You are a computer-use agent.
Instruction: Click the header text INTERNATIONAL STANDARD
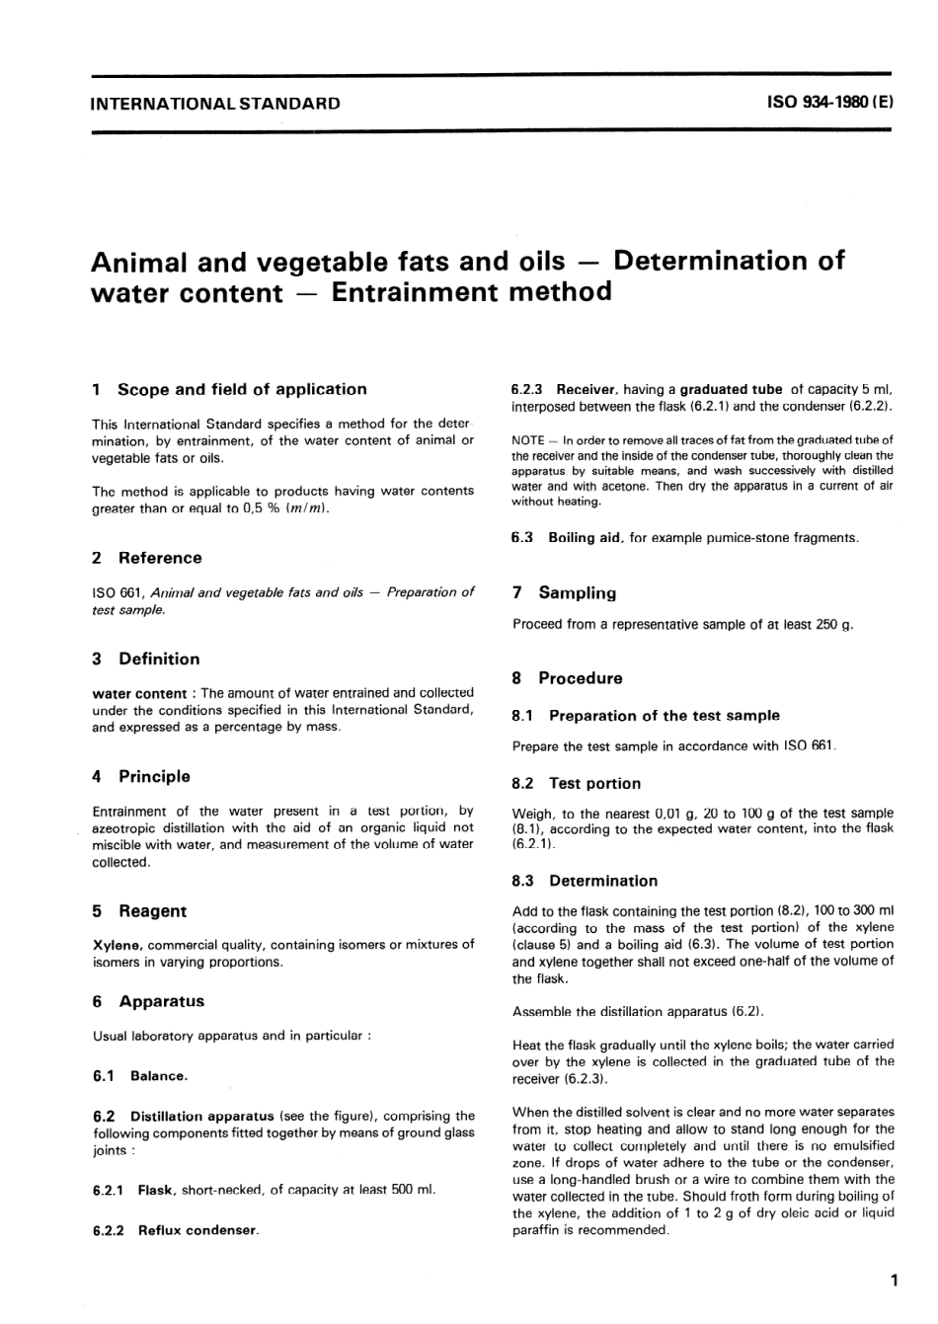coord(214,103)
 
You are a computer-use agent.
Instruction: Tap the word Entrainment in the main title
coord(415,292)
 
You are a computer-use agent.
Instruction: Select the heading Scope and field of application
coord(241,389)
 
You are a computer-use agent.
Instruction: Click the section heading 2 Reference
coord(147,558)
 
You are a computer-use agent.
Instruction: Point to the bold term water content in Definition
coord(138,693)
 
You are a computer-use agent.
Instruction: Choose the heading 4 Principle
coord(141,776)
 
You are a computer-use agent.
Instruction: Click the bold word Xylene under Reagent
coord(117,945)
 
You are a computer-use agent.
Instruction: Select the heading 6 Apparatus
coord(148,1001)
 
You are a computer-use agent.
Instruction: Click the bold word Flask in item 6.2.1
coord(155,1190)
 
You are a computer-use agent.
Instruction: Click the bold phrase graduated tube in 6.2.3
coord(731,389)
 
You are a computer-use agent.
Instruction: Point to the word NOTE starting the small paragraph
coord(527,439)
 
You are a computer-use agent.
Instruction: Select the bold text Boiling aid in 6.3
coord(585,537)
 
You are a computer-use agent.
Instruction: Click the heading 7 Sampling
coord(565,593)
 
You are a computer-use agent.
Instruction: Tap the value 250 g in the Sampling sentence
coord(834,624)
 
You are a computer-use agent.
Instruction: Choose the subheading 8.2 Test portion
coord(577,783)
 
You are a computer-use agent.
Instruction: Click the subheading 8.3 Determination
coord(585,881)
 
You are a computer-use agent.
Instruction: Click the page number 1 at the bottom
coord(893,1282)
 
